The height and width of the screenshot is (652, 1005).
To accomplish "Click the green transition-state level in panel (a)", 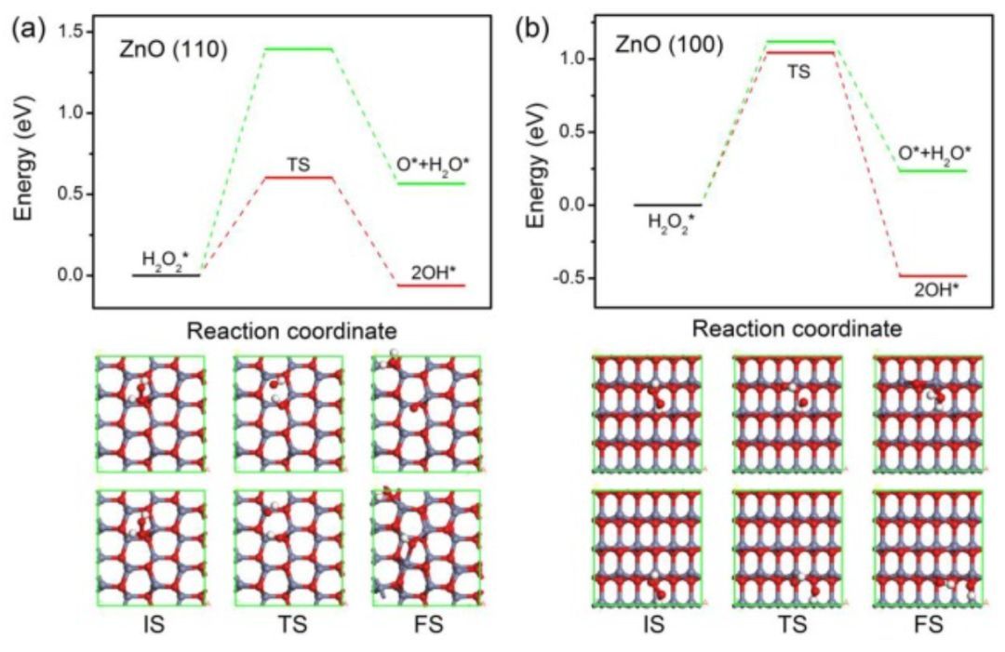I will [x=298, y=48].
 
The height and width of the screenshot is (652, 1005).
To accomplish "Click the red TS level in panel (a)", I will [x=298, y=177].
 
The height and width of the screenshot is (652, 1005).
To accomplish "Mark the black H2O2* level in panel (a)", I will [x=166, y=274].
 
